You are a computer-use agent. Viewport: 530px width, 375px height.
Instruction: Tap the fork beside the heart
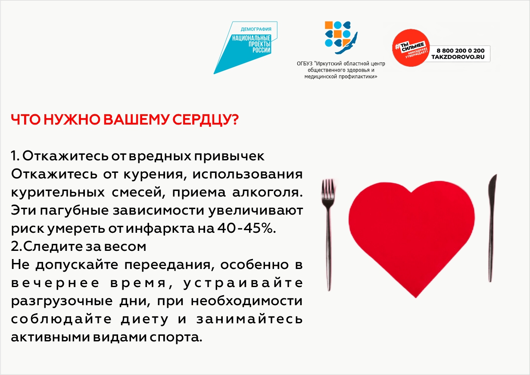[328, 234]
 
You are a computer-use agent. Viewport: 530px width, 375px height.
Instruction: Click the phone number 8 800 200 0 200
[461, 50]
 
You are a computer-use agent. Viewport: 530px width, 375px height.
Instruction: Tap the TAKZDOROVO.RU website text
[458, 57]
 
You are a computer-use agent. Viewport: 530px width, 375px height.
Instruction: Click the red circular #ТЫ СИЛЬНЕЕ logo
[411, 48]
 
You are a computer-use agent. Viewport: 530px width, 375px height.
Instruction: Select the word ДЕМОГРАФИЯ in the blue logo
[256, 29]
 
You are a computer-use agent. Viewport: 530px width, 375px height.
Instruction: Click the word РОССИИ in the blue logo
[261, 50]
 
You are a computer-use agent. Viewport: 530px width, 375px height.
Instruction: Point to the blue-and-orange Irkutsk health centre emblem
[341, 37]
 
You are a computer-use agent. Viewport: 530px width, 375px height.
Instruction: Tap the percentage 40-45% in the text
[246, 228]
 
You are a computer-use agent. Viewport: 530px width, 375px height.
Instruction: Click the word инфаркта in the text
[160, 229]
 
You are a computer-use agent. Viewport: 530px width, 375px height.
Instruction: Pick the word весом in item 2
[125, 247]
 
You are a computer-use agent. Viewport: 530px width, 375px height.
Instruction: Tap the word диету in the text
[145, 319]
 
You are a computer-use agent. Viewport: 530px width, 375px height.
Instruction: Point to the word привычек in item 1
[229, 156]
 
